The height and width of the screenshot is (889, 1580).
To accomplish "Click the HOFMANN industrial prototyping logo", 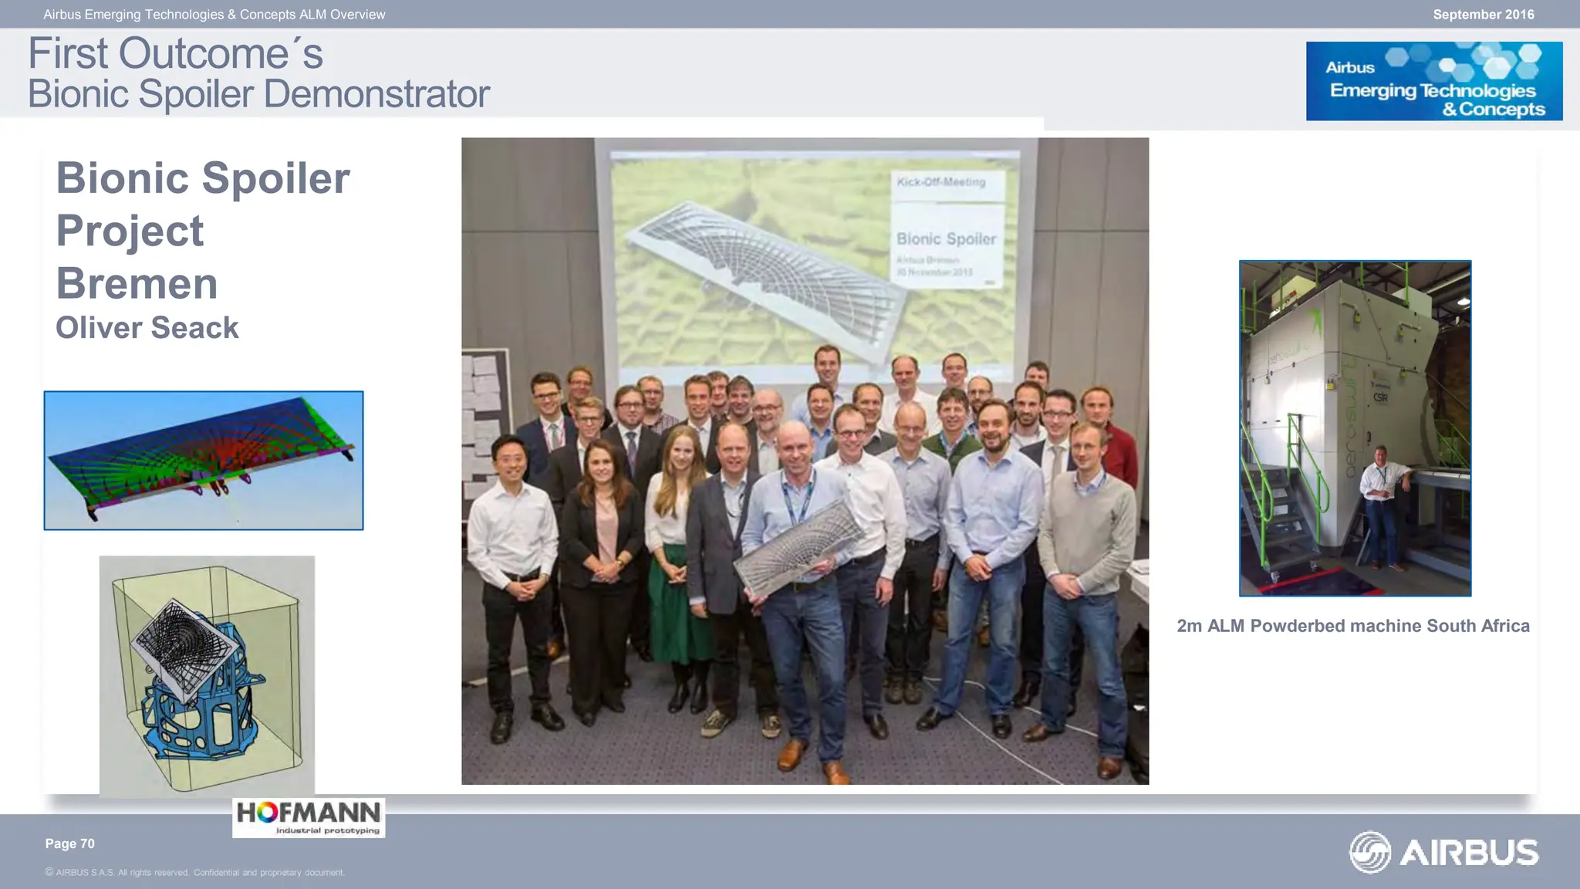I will pyautogui.click(x=309, y=817).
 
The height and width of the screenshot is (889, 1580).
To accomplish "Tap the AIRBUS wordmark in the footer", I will pyautogui.click(x=1468, y=853).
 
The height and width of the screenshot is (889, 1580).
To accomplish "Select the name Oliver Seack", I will pyautogui.click(x=147, y=328).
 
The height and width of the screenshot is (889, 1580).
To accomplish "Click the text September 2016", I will pyautogui.click(x=1483, y=15).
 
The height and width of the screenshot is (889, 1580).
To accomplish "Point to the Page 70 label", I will pyautogui.click(x=69, y=843).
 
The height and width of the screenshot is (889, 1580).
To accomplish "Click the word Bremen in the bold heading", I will pyautogui.click(x=137, y=283).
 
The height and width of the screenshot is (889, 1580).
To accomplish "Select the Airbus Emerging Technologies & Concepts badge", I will pyautogui.click(x=1433, y=81).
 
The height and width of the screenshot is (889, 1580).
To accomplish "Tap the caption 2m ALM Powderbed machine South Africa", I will pyautogui.click(x=1352, y=626).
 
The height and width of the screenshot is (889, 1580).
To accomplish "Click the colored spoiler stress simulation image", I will pyautogui.click(x=204, y=460).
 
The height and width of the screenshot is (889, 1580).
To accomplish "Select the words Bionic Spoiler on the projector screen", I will pyautogui.click(x=946, y=239).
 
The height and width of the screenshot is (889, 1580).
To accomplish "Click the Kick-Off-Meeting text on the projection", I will pyautogui.click(x=940, y=182).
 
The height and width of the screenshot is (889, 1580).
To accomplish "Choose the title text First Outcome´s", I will pyautogui.click(x=175, y=53).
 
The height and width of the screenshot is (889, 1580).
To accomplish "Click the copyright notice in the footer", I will pyautogui.click(x=194, y=873).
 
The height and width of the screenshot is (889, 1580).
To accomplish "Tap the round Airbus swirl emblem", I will pyautogui.click(x=1369, y=852).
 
